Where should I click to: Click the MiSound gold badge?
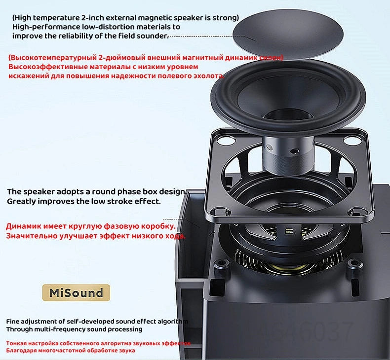(x=76, y=293)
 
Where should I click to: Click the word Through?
(x=20, y=329)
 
